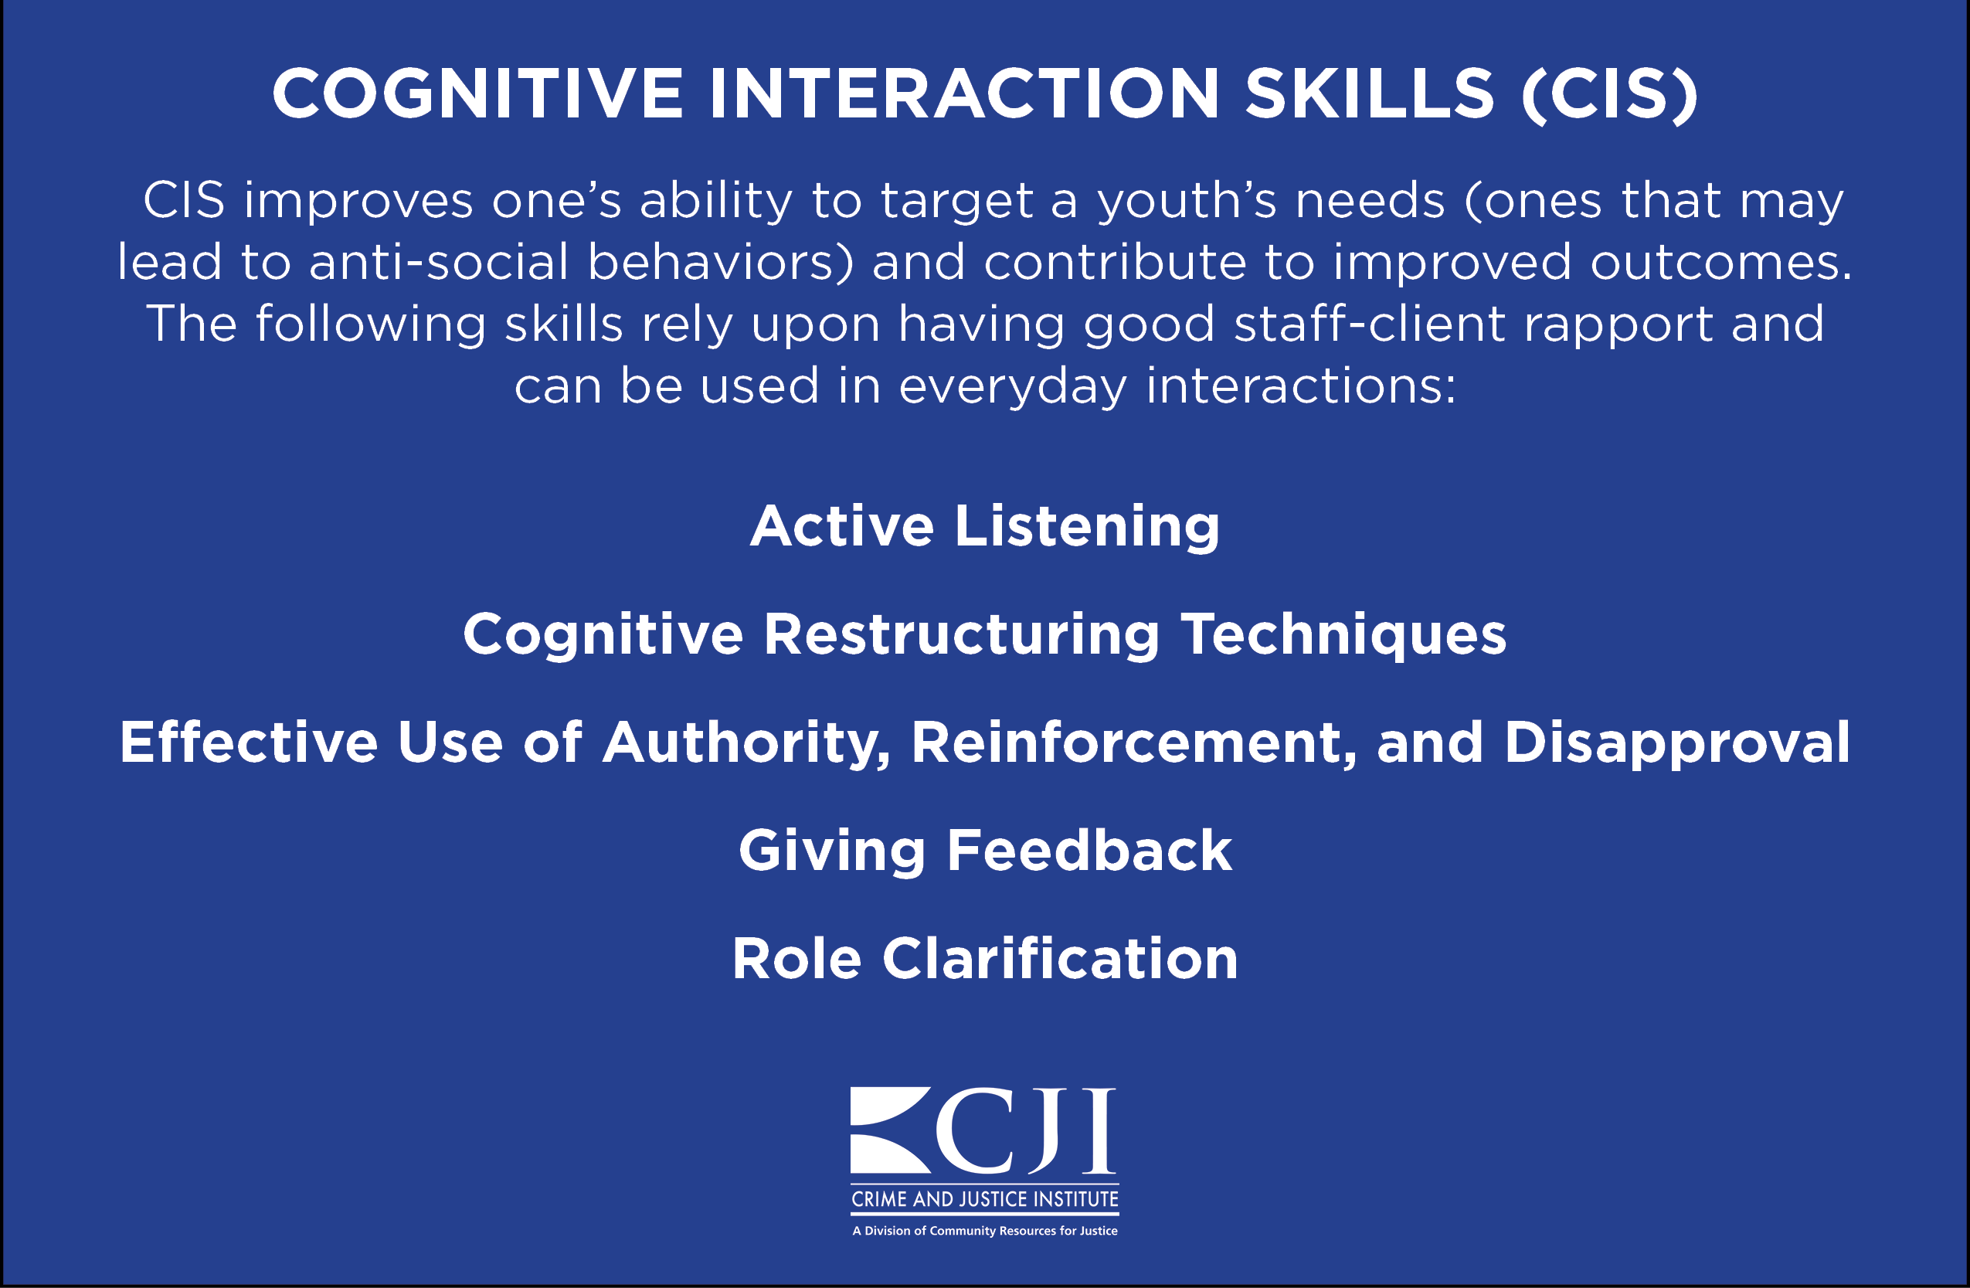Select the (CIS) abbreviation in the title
click(x=1610, y=94)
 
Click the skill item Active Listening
click(x=985, y=526)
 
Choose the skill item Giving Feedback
click(x=985, y=851)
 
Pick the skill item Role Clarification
click(x=985, y=959)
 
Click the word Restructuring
click(x=962, y=635)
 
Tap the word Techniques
click(x=1343, y=635)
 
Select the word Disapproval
click(x=1677, y=743)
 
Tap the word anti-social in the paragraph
click(x=439, y=263)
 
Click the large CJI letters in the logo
click(x=1027, y=1130)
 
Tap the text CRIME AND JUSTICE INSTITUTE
click(x=985, y=1199)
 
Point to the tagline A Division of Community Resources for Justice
click(x=985, y=1231)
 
